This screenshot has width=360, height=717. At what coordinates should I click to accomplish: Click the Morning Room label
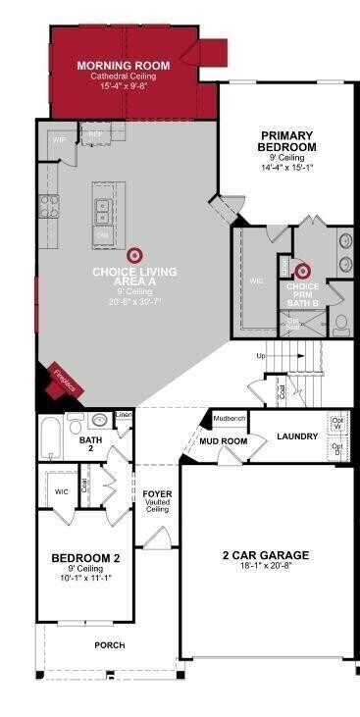tap(124, 65)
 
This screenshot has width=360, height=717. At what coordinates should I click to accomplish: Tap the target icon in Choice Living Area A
tap(133, 254)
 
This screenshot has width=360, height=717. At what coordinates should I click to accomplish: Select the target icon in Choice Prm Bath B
tap(303, 270)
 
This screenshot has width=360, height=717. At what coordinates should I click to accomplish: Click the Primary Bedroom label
tap(287, 140)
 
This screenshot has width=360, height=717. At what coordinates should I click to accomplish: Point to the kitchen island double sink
tap(103, 210)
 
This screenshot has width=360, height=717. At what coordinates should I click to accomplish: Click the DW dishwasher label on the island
tap(102, 236)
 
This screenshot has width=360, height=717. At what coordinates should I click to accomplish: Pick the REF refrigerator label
tap(95, 133)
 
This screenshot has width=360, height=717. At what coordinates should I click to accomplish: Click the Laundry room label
tap(295, 436)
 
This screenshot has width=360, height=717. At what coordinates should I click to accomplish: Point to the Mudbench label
tap(229, 417)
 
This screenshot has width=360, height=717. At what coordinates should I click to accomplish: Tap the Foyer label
tap(158, 493)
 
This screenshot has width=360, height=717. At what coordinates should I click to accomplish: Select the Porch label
tap(109, 644)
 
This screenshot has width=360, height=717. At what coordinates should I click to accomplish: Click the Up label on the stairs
tap(260, 355)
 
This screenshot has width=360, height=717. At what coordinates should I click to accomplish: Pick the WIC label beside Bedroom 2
tap(61, 491)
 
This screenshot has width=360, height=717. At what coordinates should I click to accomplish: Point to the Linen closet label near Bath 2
tap(123, 415)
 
